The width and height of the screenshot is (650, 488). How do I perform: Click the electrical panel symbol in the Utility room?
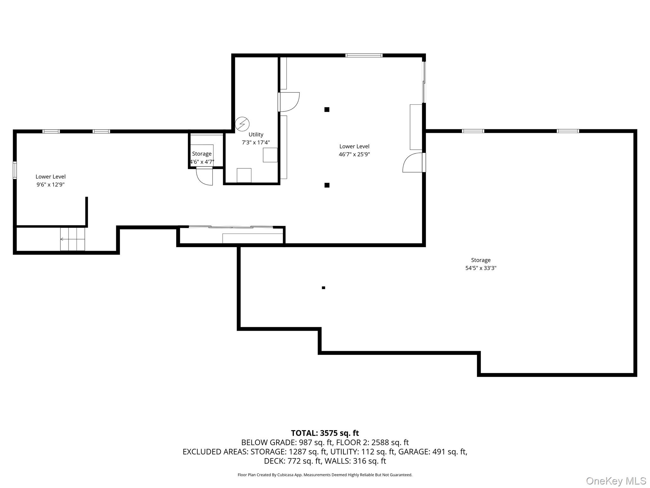point(242,124)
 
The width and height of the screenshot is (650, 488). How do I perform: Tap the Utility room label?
point(256,135)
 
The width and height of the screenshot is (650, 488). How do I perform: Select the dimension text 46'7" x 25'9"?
point(354,154)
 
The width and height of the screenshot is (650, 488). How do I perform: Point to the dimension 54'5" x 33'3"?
point(481,268)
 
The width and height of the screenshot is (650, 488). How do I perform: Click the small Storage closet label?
point(202,154)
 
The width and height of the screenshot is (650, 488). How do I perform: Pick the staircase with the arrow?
point(72,239)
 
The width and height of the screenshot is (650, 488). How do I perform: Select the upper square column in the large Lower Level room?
point(327,110)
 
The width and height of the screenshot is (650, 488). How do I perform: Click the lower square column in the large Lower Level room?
point(327,185)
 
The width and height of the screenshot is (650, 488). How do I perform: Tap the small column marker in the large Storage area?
point(323,288)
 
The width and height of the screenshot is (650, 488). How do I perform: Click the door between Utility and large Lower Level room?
point(288,102)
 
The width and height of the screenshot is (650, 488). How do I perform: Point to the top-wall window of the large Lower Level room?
point(364,56)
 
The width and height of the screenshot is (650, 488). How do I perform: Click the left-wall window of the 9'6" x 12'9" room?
point(15,170)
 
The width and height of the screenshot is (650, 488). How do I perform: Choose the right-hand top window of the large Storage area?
point(568,131)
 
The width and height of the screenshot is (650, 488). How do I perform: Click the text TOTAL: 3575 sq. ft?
point(325,433)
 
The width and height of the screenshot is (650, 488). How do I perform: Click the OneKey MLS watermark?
point(616,481)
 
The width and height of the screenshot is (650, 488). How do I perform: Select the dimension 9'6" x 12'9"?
point(50,185)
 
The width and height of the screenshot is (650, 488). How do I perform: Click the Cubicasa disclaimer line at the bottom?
point(325,475)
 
